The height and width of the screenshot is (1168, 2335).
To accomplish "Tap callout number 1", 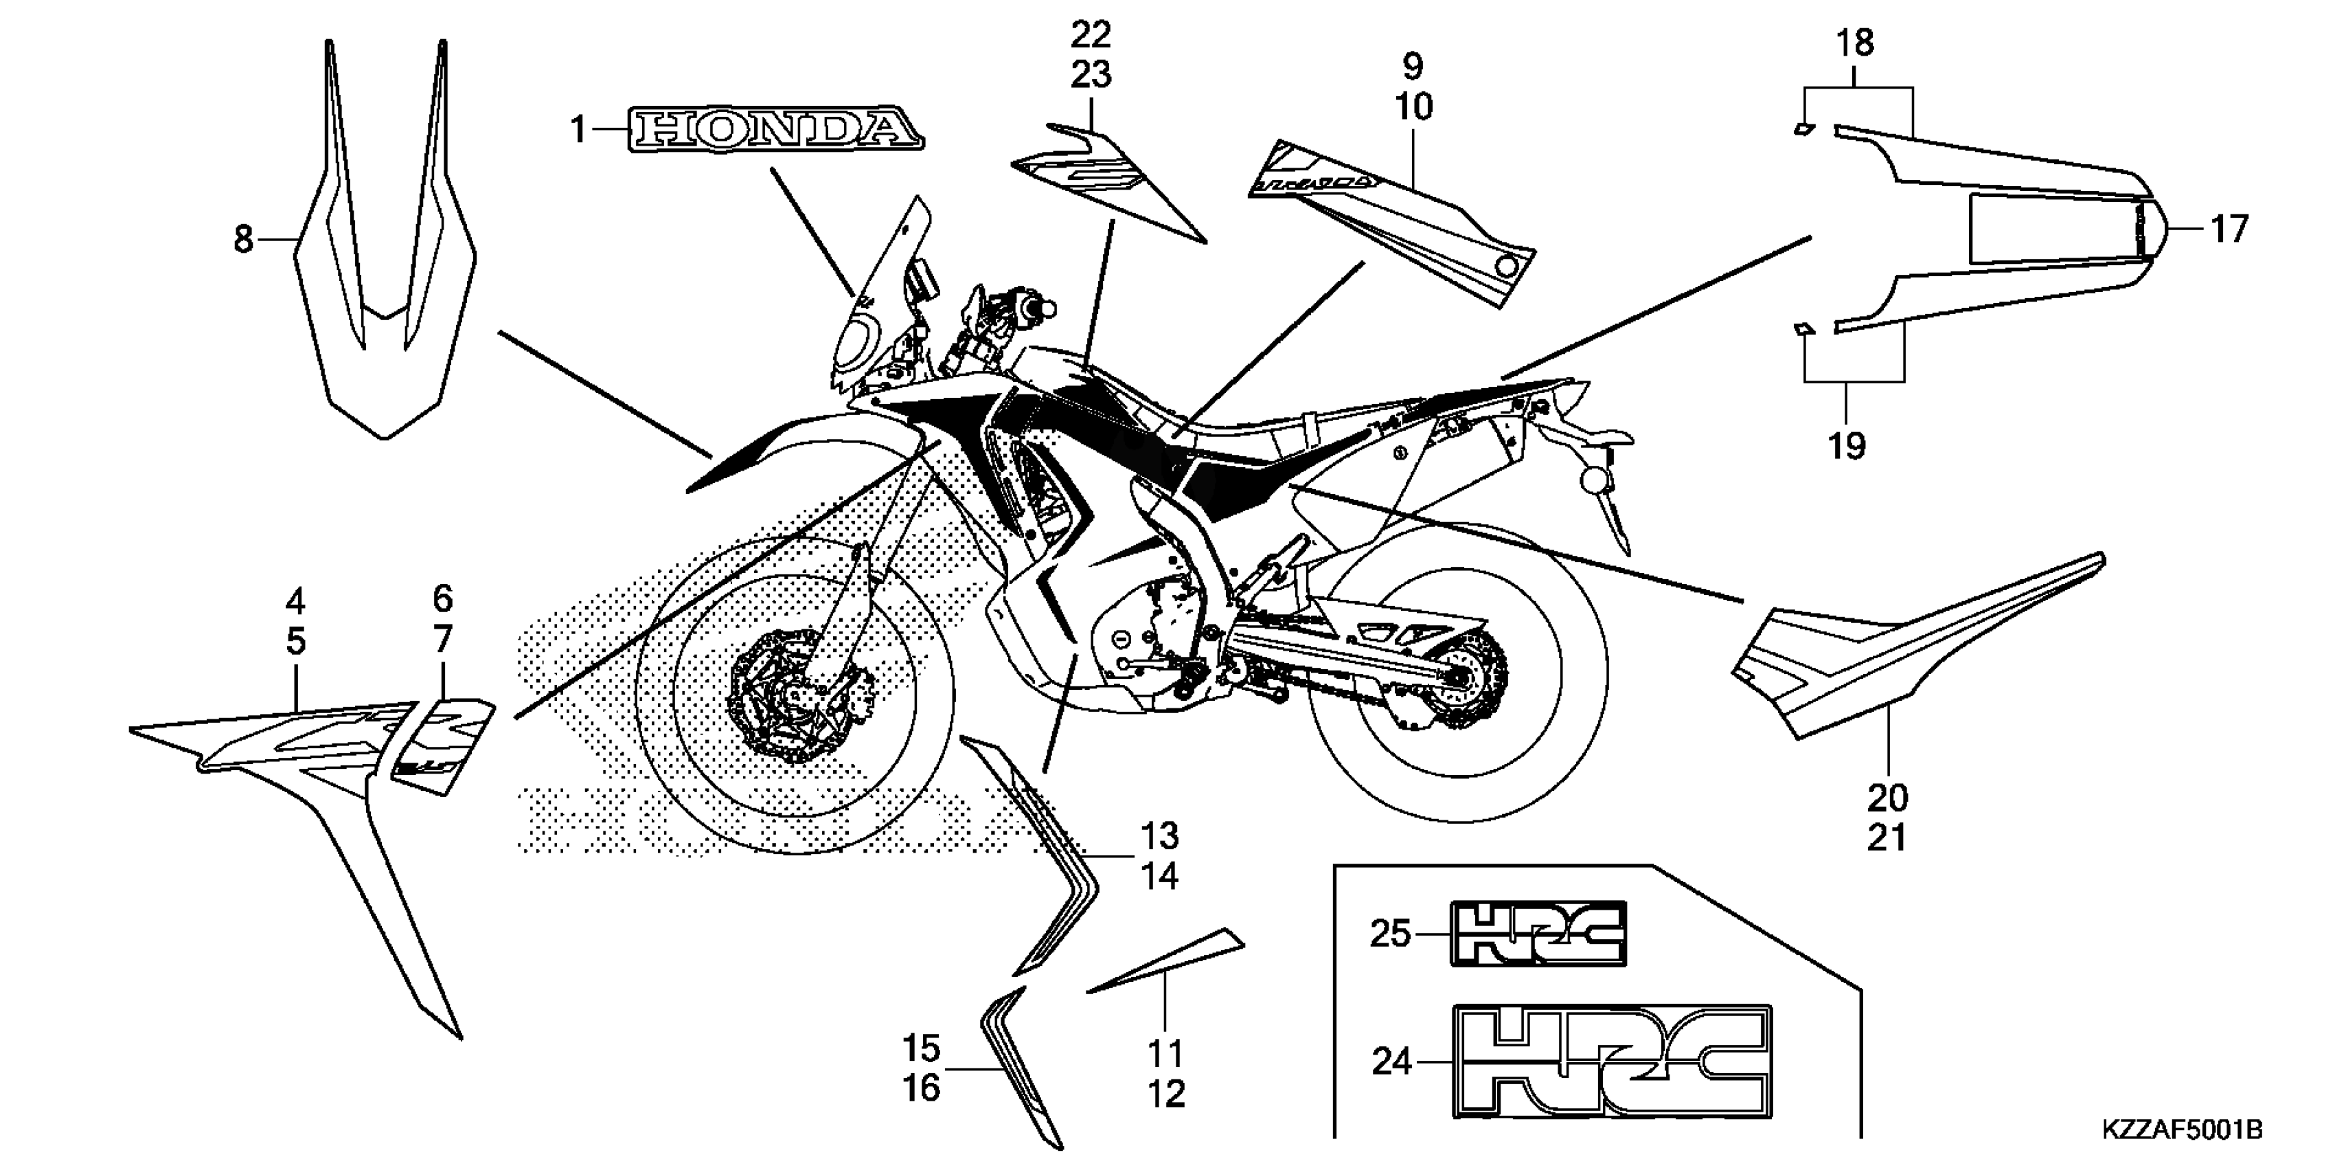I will [x=578, y=131].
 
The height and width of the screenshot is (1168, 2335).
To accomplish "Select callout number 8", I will [x=243, y=240].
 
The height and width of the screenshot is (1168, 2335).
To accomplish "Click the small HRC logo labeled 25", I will [x=1538, y=933].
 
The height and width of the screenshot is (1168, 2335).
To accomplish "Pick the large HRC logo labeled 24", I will [x=1613, y=1061].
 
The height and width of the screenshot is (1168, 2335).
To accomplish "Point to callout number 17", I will [x=2229, y=229].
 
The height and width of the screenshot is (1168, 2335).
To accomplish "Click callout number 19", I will [x=1847, y=446].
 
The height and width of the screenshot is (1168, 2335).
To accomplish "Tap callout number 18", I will [x=1854, y=43].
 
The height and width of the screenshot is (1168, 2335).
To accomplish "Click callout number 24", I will [x=1391, y=1061].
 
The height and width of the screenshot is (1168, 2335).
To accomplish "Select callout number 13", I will [x=1159, y=836].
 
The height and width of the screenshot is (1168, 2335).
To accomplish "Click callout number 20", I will [x=1888, y=798].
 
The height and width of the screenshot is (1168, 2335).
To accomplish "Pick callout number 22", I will [x=1091, y=35].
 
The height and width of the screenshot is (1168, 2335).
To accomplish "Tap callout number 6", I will [x=442, y=598].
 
